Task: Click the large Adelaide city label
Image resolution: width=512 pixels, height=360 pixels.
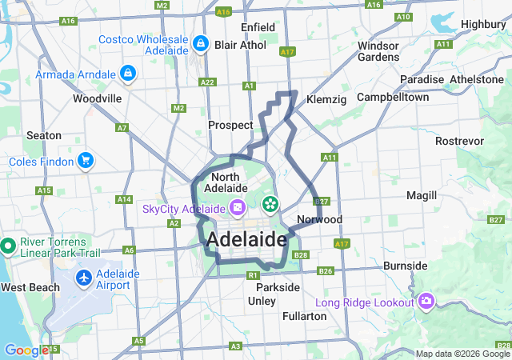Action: click(x=246, y=240)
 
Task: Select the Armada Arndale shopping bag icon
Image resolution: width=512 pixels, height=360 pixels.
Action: click(x=126, y=74)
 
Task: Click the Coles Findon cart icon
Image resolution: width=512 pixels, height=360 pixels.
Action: click(x=85, y=162)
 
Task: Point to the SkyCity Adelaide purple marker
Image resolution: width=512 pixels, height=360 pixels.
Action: click(x=237, y=209)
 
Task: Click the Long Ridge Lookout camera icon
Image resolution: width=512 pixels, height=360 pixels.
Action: click(x=426, y=301)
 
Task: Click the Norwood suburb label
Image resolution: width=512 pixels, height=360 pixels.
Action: click(x=319, y=219)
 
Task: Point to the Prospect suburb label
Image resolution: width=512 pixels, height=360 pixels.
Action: click(x=230, y=125)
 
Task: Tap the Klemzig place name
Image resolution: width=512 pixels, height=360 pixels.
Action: click(x=326, y=100)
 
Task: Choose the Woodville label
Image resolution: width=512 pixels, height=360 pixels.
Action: click(x=97, y=98)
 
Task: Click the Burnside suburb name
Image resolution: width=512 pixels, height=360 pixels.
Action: click(x=406, y=265)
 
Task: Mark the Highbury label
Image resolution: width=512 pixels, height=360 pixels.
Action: click(x=484, y=24)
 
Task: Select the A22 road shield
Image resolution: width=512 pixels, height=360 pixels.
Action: click(x=208, y=82)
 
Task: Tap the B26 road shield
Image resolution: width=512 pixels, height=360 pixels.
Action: click(x=325, y=271)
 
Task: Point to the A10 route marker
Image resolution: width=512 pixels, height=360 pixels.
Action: click(x=403, y=17)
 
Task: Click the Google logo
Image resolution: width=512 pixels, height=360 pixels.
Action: click(x=26, y=350)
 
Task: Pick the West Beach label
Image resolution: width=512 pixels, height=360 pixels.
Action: click(x=30, y=286)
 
